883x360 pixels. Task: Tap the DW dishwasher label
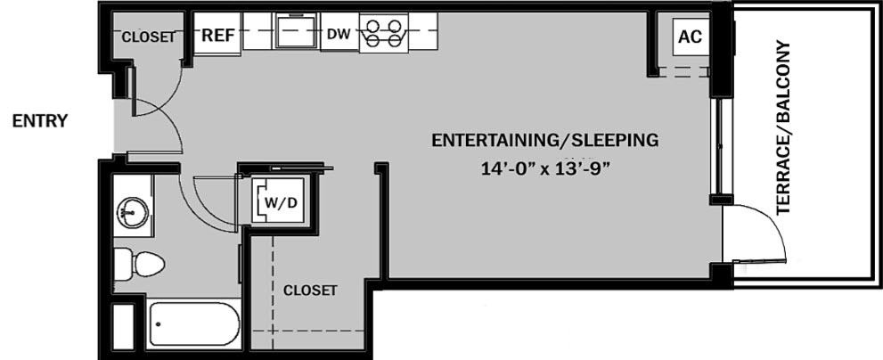click(x=339, y=35)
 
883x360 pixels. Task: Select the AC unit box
click(x=691, y=37)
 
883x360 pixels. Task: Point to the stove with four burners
click(x=383, y=33)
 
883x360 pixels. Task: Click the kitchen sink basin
click(x=296, y=30)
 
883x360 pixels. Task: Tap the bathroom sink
click(x=133, y=213)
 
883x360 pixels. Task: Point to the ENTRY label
click(x=40, y=121)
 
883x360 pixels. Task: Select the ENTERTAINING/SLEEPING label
click(x=544, y=140)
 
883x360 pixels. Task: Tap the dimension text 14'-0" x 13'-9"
click(x=545, y=169)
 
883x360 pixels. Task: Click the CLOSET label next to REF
click(x=148, y=37)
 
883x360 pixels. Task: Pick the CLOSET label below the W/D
click(x=310, y=290)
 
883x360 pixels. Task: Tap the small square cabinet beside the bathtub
click(x=123, y=326)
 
